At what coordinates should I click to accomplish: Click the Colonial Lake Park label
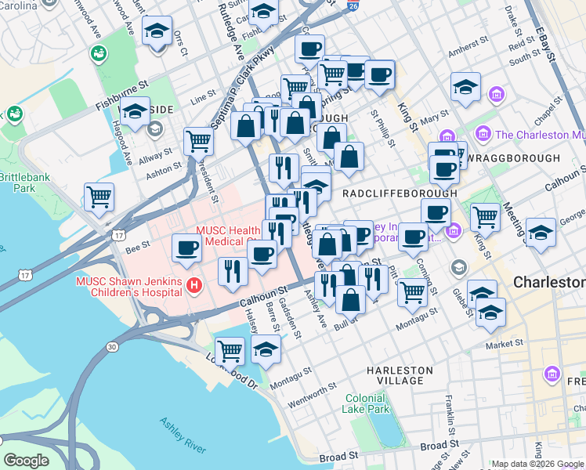coord(367,403)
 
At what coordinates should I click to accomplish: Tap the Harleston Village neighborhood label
coord(400,375)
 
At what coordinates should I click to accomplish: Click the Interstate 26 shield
coord(353,6)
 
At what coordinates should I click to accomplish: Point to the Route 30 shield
coord(113,346)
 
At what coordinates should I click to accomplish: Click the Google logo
coord(26,461)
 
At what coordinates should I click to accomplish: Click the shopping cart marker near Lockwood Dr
coord(230,349)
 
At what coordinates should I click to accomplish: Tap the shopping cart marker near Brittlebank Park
coord(99,196)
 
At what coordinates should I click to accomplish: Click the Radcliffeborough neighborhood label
coord(400,193)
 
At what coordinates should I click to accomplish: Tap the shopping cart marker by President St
coord(198,140)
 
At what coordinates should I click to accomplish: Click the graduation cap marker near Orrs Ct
coord(157,32)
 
